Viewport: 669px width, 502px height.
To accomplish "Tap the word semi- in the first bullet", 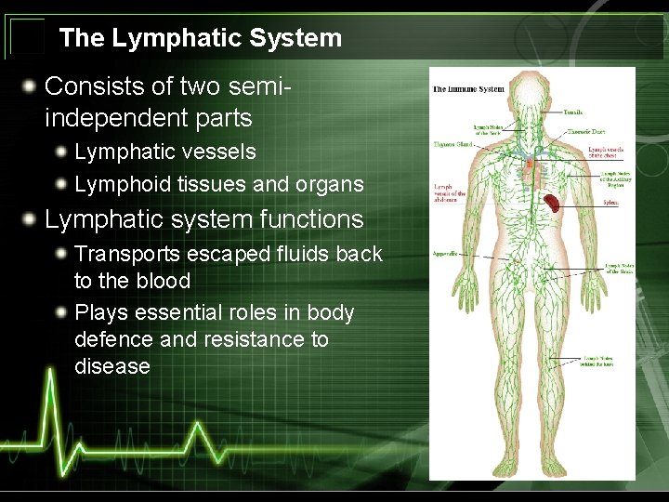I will click(256, 86).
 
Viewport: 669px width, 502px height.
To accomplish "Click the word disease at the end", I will click(112, 366).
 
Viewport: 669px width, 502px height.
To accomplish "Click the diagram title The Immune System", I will click(468, 90).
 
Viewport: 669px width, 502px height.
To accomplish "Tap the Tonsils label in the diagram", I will click(573, 112).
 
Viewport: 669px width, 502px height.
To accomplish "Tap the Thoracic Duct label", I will click(585, 132).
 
